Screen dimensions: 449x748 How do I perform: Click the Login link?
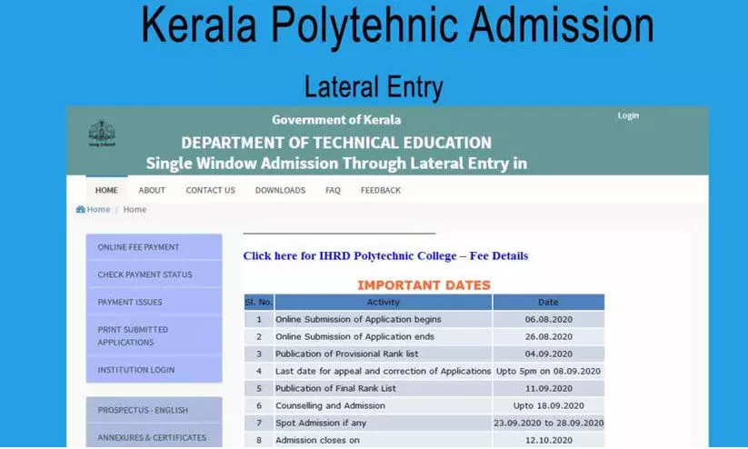tap(628, 115)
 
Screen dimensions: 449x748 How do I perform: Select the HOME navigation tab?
tap(106, 190)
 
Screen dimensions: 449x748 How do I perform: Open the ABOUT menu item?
tap(152, 190)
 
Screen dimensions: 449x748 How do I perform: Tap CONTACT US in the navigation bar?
tap(210, 190)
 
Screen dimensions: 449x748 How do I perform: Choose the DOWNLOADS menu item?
tap(280, 190)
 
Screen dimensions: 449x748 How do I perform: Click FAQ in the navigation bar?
tap(333, 190)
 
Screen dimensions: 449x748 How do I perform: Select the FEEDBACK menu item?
tap(380, 190)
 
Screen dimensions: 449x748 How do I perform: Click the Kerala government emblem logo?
tap(102, 134)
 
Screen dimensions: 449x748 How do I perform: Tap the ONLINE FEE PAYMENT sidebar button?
tap(154, 247)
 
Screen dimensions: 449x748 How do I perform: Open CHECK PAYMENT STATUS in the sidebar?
tap(154, 274)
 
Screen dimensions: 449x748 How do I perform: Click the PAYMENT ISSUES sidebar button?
tap(154, 302)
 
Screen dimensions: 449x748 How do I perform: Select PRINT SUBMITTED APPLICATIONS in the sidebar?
tap(154, 335)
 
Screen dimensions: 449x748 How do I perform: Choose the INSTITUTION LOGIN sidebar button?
tap(154, 370)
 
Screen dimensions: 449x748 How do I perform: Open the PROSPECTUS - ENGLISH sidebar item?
tap(154, 410)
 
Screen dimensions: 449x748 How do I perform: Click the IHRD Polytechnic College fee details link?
tap(385, 255)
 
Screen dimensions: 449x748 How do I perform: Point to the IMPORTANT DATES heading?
tap(424, 284)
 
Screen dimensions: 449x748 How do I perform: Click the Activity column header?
tap(383, 302)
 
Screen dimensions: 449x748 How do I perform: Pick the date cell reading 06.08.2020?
tap(548, 319)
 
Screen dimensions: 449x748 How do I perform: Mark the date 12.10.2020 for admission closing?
tap(548, 440)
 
